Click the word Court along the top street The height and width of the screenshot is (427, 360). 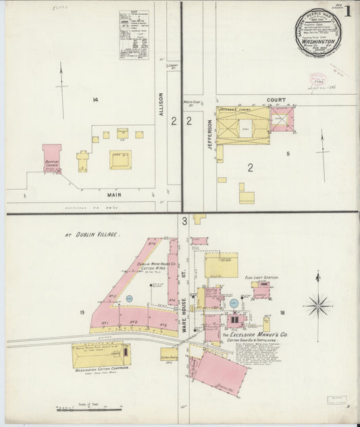pyautogui.click(x=276, y=100)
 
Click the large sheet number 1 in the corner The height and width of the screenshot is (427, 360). pyautogui.click(x=347, y=11)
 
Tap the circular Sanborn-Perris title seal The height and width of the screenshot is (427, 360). pyautogui.click(x=317, y=32)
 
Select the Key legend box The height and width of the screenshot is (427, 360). pyautogui.click(x=134, y=34)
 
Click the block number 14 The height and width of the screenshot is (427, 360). pyautogui.click(x=95, y=100)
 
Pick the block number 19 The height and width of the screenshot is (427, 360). pyautogui.click(x=81, y=312)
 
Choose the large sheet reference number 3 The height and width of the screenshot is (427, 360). pyautogui.click(x=184, y=221)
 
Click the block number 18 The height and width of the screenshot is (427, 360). pyautogui.click(x=282, y=312)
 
